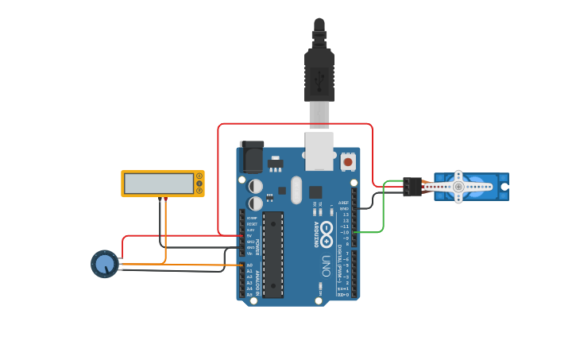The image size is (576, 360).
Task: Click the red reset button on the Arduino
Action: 348,161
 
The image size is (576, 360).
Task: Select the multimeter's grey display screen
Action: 159,184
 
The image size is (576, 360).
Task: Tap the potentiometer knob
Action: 104,264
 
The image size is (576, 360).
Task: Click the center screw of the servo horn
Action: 458,187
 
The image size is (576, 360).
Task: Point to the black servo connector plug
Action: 412,187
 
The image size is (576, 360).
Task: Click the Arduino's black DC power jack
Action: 251,157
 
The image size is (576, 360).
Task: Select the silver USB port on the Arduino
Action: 319,151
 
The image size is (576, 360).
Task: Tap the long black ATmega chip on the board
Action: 273,254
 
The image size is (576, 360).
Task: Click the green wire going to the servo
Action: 383,211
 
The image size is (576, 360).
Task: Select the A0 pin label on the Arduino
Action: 249,265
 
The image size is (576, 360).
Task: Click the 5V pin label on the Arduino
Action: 249,235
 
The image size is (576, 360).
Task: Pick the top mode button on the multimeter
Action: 199,176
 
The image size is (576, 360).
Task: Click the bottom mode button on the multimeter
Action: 199,191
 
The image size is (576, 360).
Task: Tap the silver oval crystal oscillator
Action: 296,190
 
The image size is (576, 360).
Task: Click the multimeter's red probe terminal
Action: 165,199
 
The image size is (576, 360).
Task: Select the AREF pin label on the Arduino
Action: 343,203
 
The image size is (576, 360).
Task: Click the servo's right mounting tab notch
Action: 504,187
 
